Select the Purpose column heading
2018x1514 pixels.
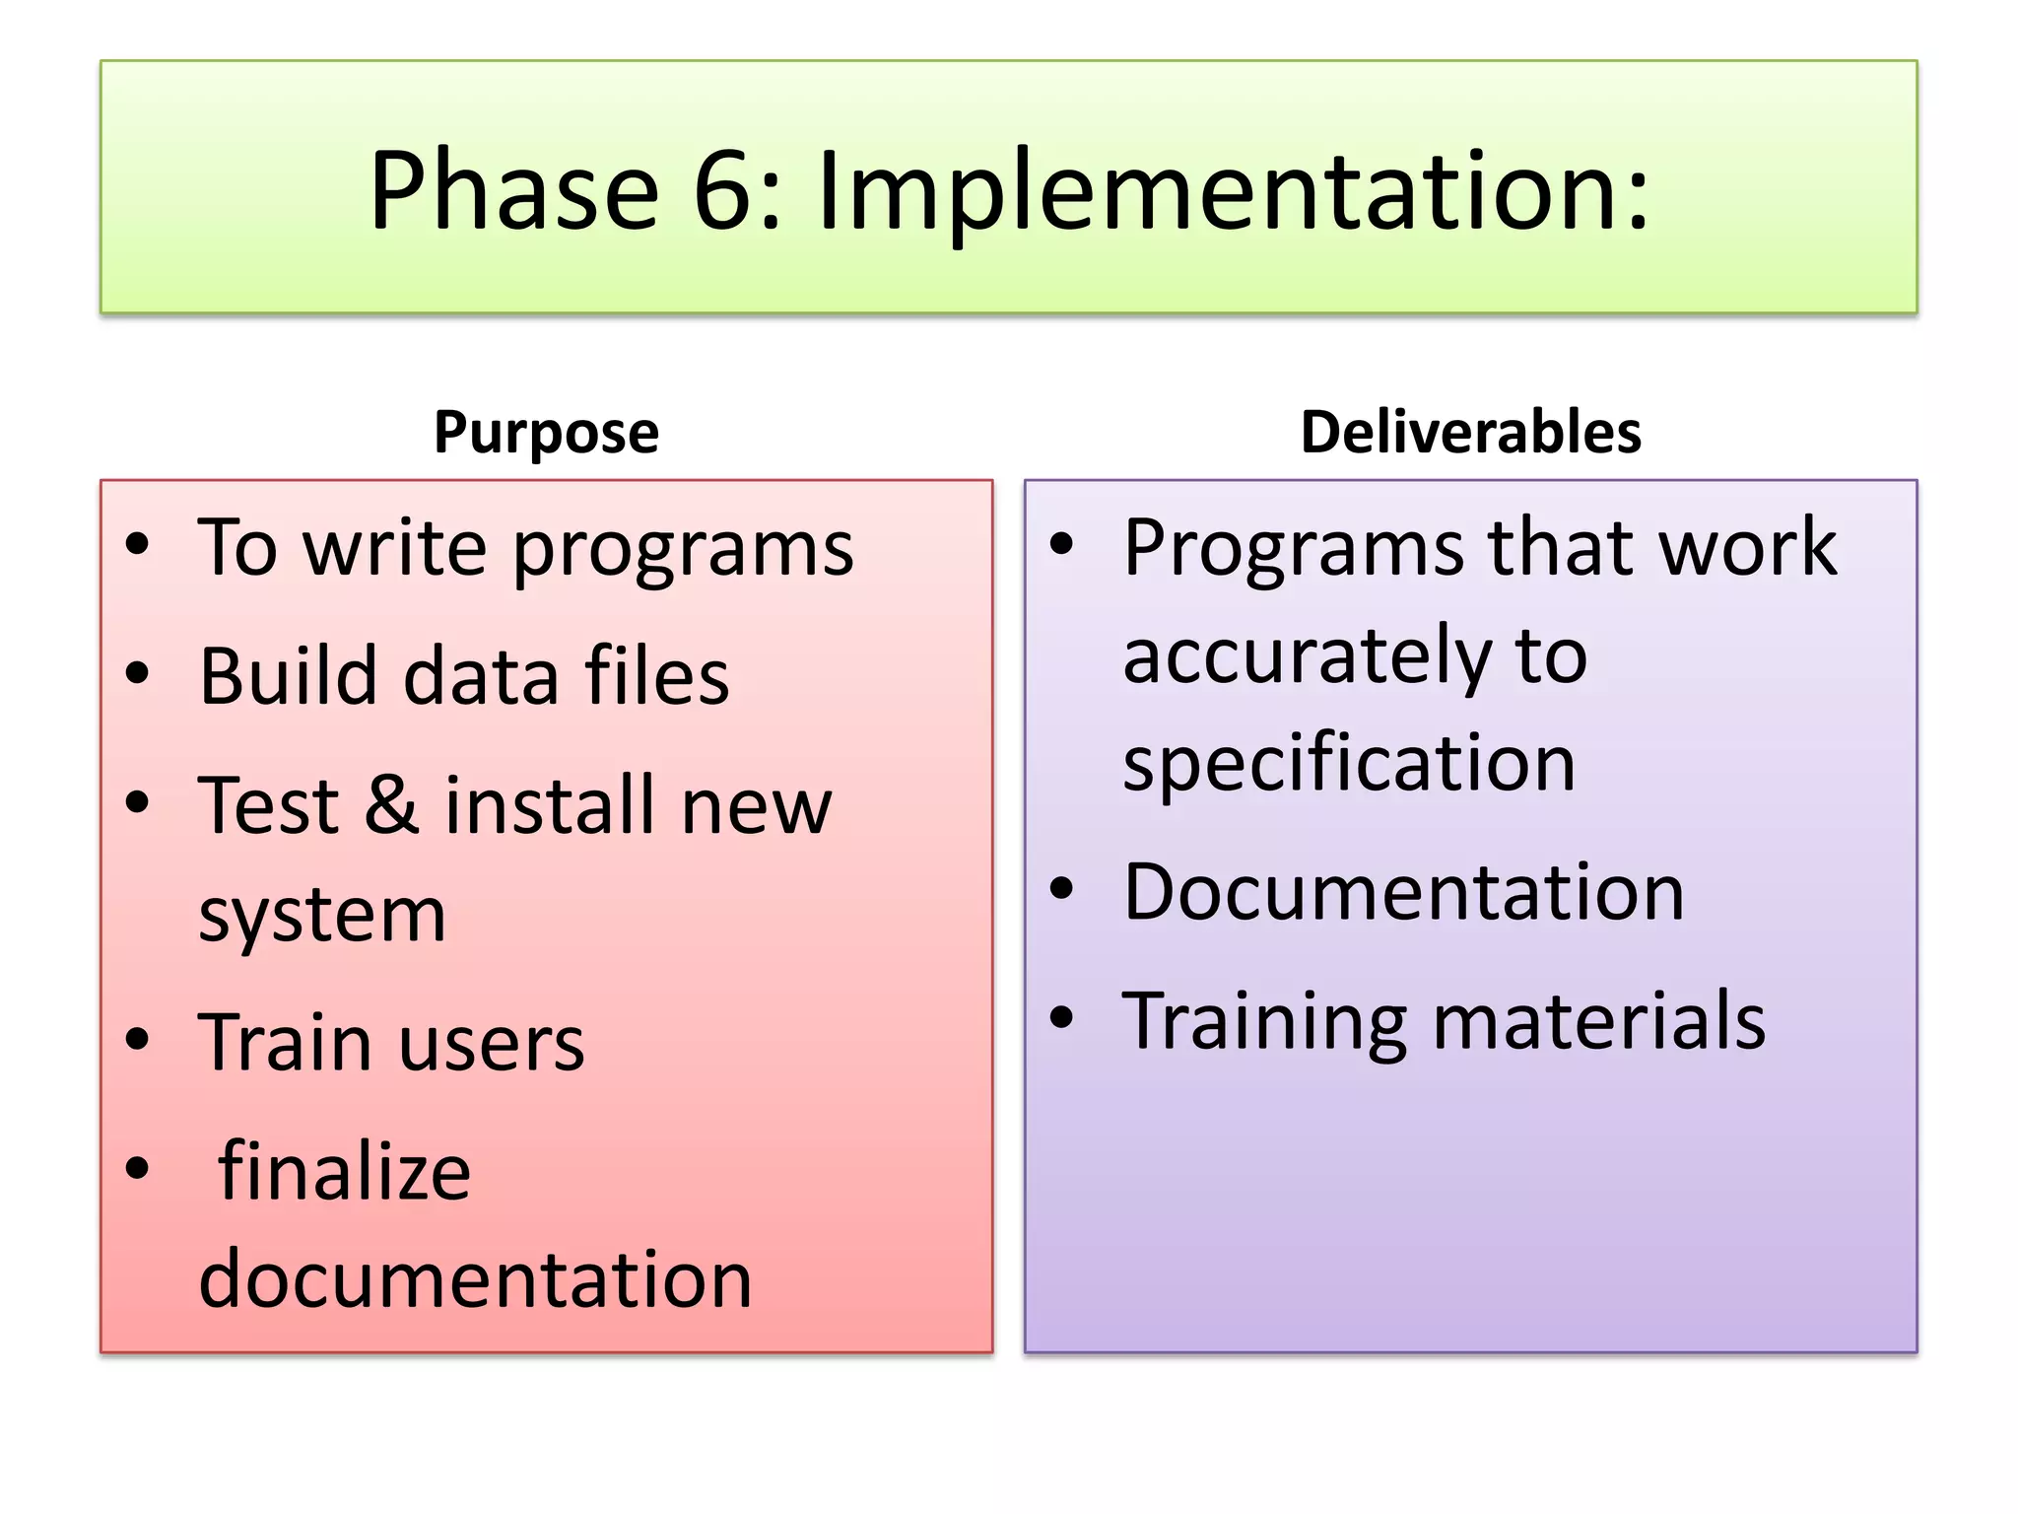pos(546,432)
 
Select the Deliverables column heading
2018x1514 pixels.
pos(1470,432)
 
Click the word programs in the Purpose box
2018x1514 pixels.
pos(683,550)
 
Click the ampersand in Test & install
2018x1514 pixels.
pos(391,805)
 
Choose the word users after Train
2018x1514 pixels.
pos(492,1043)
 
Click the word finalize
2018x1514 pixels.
pos(344,1171)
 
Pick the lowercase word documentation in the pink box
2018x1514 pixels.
pos(475,1279)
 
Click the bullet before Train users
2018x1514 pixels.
pos(138,1039)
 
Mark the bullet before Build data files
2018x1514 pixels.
pos(138,673)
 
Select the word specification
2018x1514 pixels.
pos(1349,763)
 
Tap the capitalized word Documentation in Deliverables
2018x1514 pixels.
pos(1403,892)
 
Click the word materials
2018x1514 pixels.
pos(1598,1021)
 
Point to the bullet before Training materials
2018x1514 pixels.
pos(1061,1017)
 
